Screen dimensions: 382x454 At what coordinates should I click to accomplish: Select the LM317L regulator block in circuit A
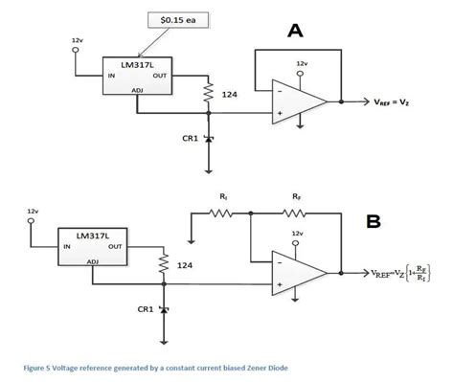point(137,76)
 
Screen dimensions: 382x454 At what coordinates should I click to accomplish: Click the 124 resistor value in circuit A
point(230,95)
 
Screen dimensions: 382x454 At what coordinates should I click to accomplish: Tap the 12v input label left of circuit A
point(77,40)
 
